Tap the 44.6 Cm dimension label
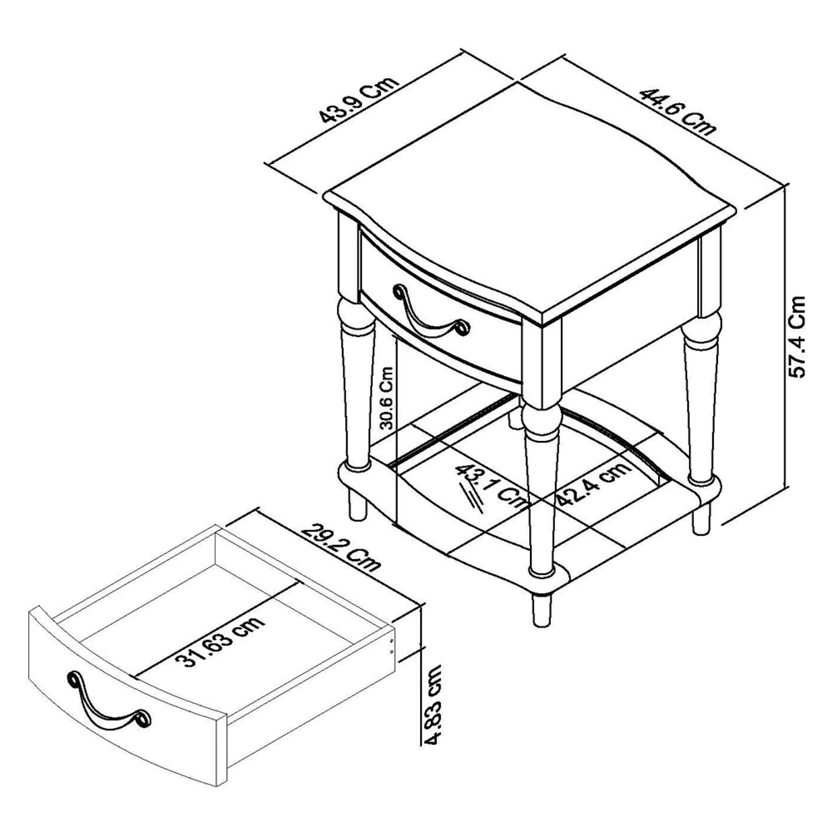677,111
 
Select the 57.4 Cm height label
796,337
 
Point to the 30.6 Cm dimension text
387,398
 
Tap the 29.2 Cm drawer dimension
341,547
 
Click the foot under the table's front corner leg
542,610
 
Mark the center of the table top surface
530,203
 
